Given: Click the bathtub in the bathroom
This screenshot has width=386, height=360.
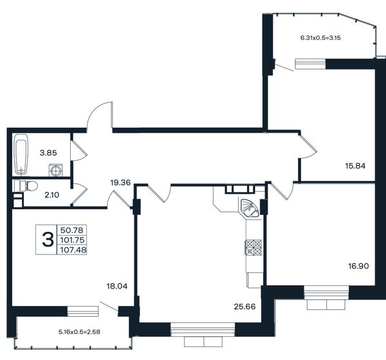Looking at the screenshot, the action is [x=21, y=155].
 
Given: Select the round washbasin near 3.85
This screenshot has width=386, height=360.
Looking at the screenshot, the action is [x=55, y=170].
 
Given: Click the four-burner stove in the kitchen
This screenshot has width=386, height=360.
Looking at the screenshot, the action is [x=253, y=247].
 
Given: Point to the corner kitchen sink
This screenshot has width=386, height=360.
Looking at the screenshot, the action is [x=249, y=209].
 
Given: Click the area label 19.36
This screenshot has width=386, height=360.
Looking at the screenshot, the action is [x=120, y=183].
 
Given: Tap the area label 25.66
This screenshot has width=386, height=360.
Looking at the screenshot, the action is [x=244, y=307].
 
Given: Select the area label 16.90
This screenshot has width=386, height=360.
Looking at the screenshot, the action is [x=358, y=266].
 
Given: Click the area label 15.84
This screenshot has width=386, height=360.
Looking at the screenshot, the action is [x=355, y=166].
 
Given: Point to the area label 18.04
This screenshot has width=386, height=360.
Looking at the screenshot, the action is [x=117, y=286].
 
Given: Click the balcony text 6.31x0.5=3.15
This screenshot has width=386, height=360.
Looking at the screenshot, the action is [x=320, y=38].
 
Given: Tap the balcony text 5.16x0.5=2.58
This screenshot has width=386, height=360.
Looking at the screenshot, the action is [x=79, y=332].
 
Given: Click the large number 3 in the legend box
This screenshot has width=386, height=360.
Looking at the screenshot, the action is [x=48, y=240].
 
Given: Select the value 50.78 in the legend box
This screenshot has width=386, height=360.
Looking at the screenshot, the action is [x=72, y=231].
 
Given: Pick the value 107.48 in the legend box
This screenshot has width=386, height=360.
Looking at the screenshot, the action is [x=73, y=250].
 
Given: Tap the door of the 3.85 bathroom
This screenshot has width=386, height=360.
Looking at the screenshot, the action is [x=78, y=151].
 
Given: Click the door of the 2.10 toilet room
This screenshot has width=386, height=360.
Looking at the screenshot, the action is [x=79, y=194].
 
